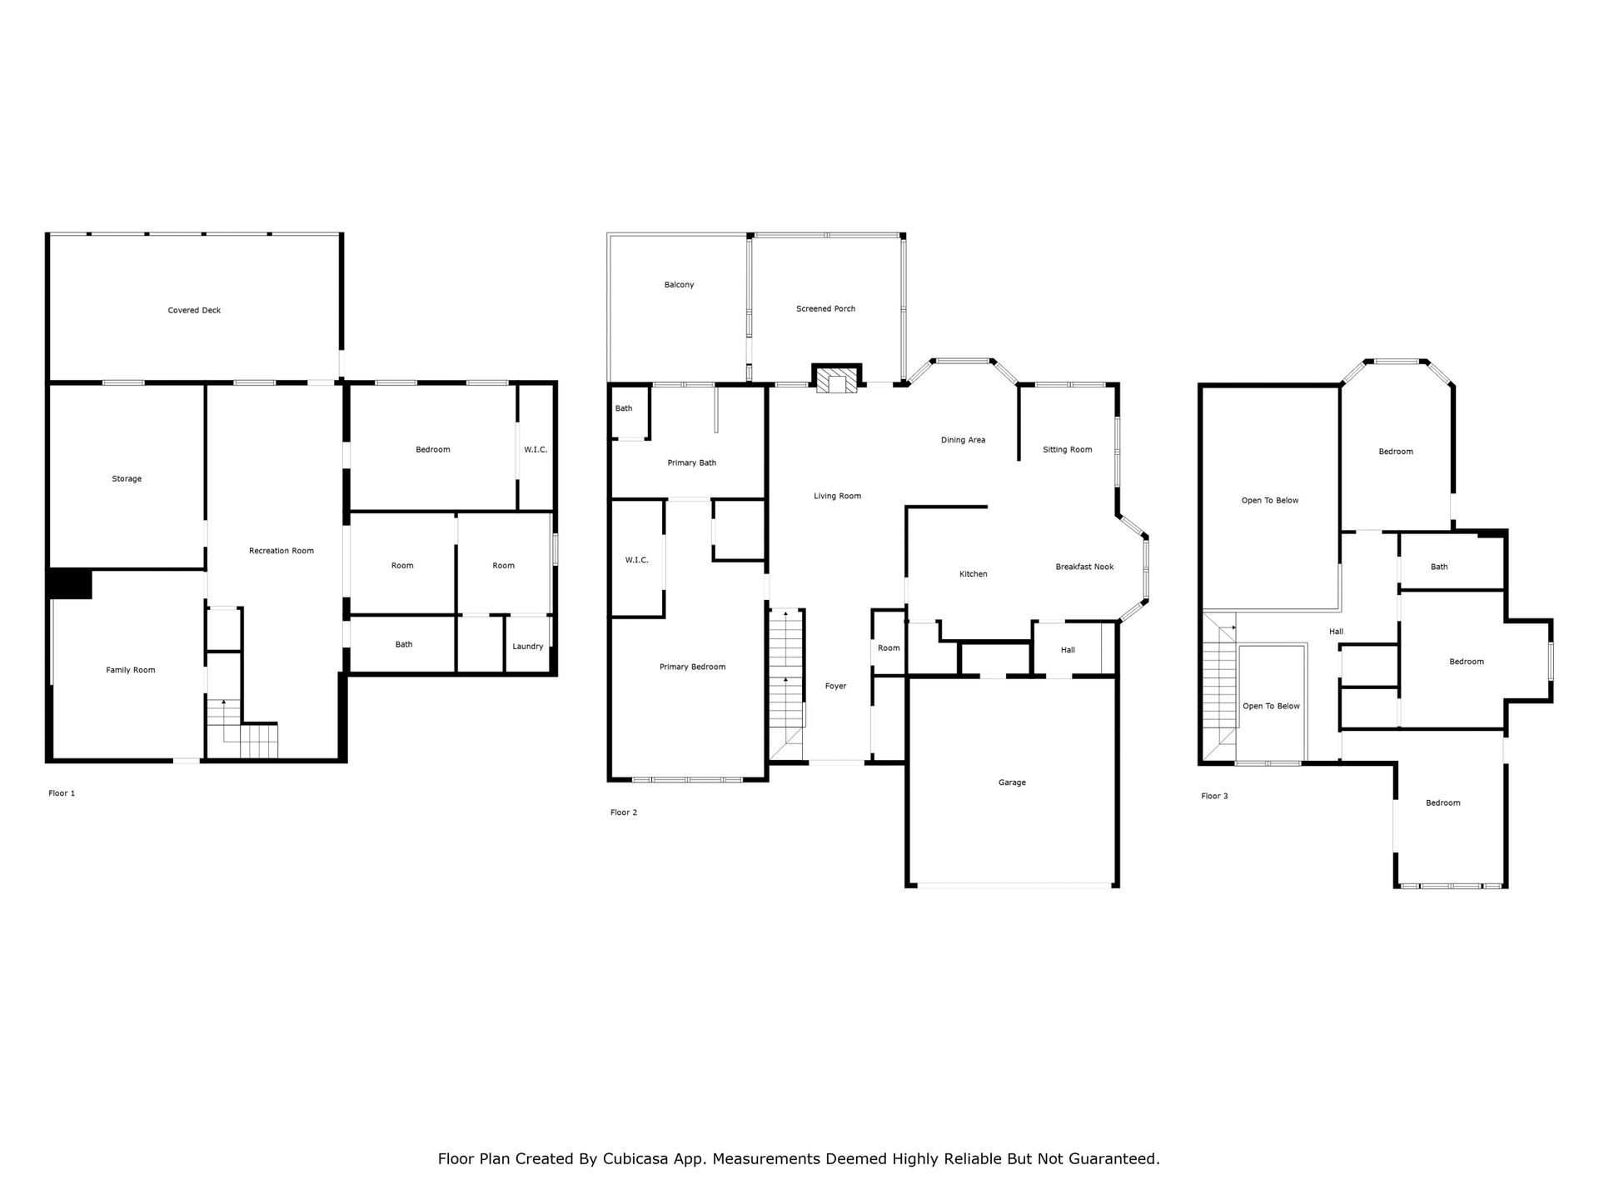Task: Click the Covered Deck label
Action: point(194,310)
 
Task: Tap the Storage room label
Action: point(127,479)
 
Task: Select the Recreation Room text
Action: point(281,551)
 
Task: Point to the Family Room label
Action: point(131,670)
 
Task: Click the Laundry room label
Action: point(528,647)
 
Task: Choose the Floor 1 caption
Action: point(62,793)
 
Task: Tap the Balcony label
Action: point(679,285)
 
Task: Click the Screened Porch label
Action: point(825,309)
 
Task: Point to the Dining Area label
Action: point(963,440)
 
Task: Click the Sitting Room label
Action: point(1068,450)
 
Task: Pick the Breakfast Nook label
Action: point(1084,567)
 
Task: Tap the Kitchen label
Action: point(974,574)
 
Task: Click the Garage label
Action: point(1012,782)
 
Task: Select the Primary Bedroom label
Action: point(692,667)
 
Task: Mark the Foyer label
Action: point(835,687)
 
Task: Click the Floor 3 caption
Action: point(1214,796)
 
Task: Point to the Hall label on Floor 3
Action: point(1336,632)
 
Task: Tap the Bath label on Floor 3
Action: point(1439,567)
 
